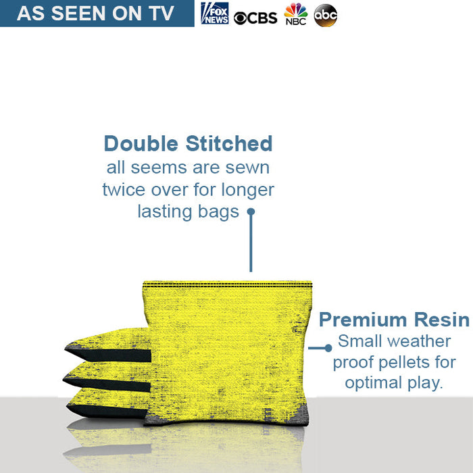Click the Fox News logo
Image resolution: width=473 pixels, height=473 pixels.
215,14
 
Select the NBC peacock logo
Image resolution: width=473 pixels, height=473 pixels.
295,14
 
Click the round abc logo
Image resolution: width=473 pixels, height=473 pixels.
325,15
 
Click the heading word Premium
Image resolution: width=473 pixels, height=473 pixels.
362,319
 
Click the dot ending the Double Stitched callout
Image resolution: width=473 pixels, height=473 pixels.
251,211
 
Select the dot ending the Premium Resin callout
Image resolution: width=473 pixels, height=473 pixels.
328,348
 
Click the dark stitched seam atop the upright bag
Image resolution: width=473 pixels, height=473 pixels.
228,284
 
